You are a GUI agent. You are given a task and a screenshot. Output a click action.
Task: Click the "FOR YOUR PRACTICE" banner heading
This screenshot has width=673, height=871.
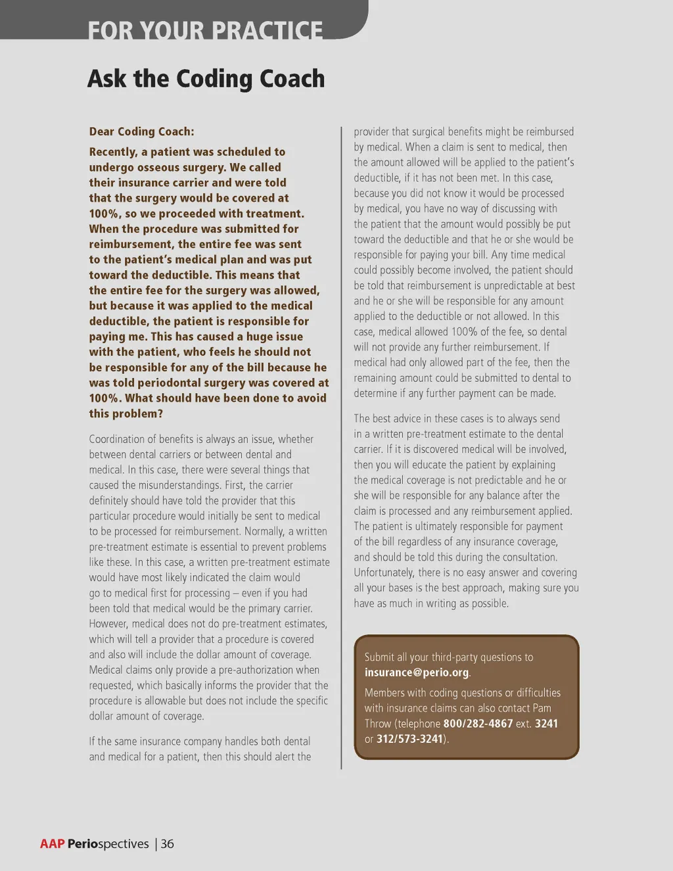[x=205, y=30]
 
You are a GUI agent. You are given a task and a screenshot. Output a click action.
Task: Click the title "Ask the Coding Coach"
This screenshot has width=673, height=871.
[x=206, y=79]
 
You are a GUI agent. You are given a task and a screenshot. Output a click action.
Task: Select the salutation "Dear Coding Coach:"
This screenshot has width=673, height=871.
[x=141, y=131]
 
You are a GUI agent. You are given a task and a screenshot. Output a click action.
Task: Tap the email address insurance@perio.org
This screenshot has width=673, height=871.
[x=417, y=672]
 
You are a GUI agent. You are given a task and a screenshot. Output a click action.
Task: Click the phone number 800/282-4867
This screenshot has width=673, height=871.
[x=478, y=723]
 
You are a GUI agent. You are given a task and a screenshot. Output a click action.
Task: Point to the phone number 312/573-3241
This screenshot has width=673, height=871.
[x=409, y=739]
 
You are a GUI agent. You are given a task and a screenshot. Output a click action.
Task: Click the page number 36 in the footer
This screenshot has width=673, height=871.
[x=168, y=844]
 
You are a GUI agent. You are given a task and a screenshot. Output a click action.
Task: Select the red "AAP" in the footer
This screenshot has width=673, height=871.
[x=52, y=844]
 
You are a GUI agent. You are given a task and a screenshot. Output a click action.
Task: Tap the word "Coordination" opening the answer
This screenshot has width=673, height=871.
[x=118, y=439]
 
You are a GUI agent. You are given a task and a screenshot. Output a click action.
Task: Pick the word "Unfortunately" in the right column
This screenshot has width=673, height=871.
[x=384, y=573]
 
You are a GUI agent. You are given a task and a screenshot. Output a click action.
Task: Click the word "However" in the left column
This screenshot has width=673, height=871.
[x=108, y=624]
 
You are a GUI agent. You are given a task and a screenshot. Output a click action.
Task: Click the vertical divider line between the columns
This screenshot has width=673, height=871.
[x=342, y=447]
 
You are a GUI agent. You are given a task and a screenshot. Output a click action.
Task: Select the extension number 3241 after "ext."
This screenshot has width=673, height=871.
[x=546, y=723]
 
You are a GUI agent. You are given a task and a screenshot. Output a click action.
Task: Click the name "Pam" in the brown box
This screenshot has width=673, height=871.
[x=542, y=708]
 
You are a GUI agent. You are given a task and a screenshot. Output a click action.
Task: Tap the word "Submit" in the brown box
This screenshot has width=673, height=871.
[x=379, y=657]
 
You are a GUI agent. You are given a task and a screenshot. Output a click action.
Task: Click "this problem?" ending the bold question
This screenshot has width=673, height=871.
[x=126, y=413]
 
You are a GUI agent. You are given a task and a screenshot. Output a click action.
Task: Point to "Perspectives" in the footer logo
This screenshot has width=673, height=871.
[x=108, y=844]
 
